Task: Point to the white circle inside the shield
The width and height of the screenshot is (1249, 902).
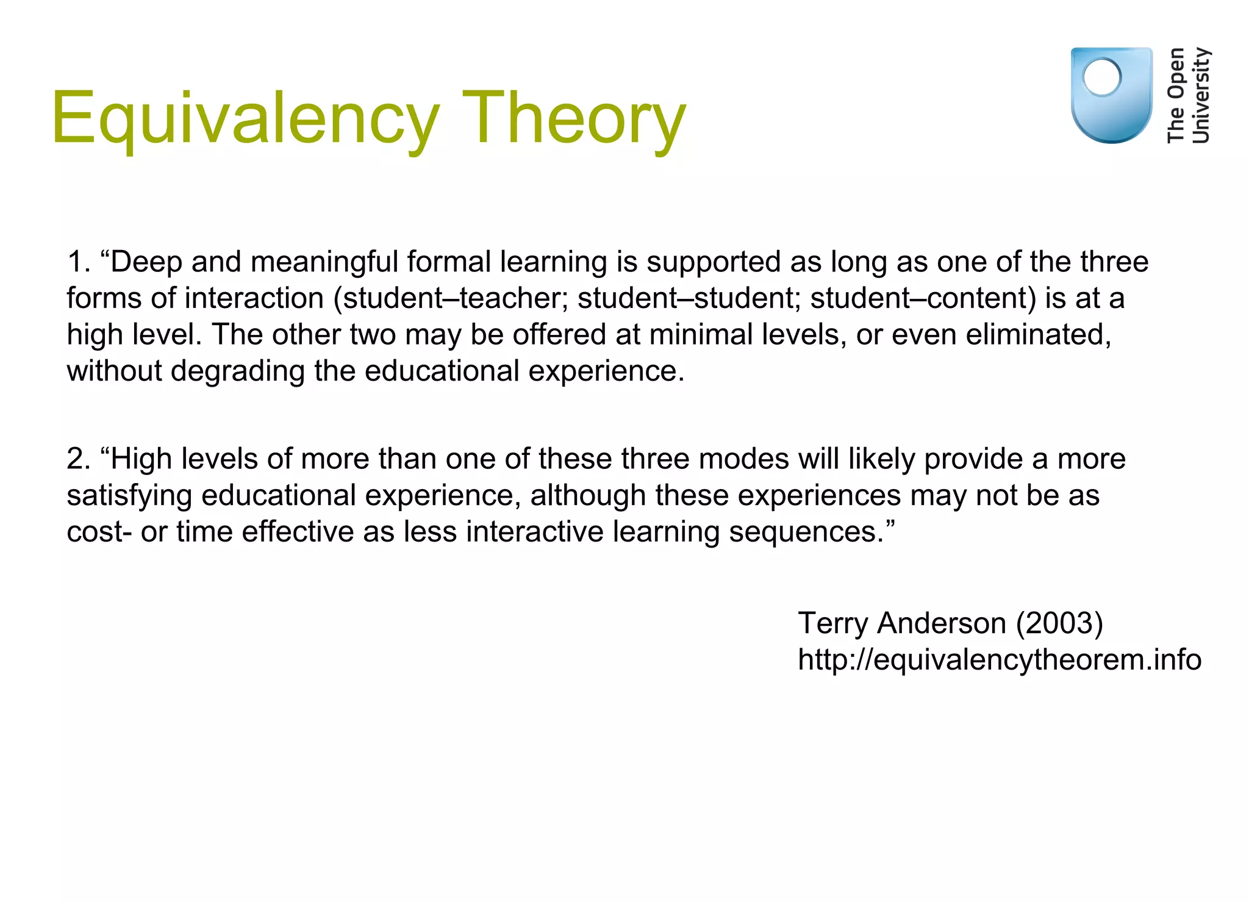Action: (x=1101, y=77)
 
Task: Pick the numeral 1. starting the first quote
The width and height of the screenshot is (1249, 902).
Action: (x=79, y=262)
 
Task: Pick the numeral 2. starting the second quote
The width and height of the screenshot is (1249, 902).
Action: (x=79, y=459)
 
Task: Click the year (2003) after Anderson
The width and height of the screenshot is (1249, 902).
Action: (x=1059, y=624)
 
